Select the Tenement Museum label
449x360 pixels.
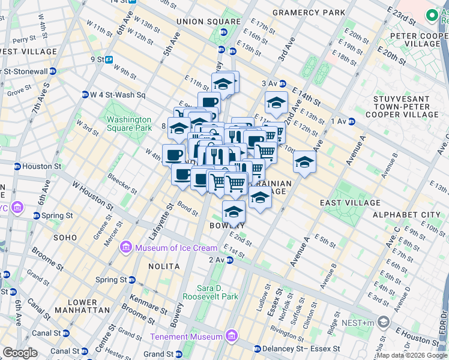coord(186,337)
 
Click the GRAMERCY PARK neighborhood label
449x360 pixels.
coord(309,12)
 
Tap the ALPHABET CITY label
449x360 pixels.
coord(406,215)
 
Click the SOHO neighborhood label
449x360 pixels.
coord(65,238)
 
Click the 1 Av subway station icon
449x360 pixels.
coord(351,121)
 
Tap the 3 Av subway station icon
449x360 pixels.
coord(282,83)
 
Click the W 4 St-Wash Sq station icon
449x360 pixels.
coord(85,95)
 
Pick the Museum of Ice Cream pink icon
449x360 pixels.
coord(126,247)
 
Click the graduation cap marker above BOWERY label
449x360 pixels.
coord(234,211)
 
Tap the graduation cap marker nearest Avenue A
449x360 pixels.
coord(304,162)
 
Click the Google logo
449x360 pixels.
coord(20,352)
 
